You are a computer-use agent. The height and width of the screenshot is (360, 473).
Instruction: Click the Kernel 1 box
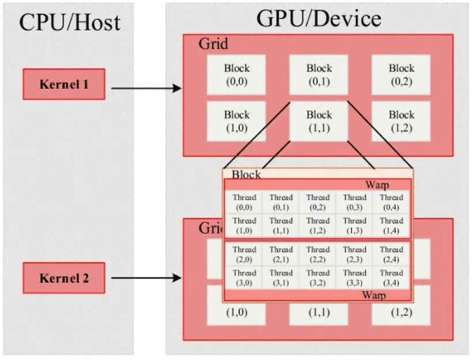click(x=64, y=84)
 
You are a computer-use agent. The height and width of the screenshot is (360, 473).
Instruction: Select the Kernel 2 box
click(x=64, y=278)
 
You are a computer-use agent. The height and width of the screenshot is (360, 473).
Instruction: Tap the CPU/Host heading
click(x=70, y=22)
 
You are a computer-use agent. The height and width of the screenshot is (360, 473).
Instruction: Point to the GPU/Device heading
click(x=318, y=18)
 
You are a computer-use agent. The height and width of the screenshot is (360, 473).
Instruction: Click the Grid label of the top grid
click(x=213, y=44)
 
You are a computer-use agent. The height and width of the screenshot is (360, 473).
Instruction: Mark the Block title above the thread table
click(x=246, y=174)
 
